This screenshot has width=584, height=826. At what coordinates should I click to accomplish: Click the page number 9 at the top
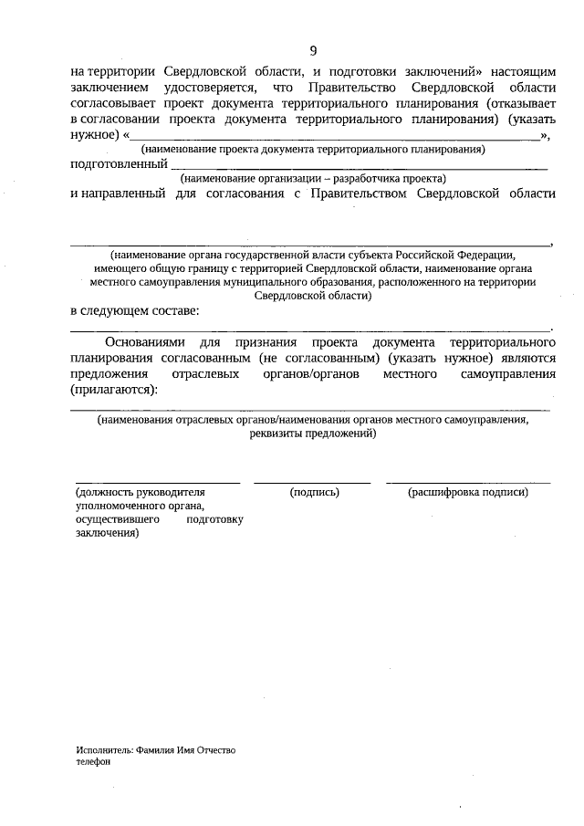click(313, 49)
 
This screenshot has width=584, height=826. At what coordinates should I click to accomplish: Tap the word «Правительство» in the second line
click(356, 87)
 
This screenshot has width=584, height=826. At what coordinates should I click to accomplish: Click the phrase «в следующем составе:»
click(134, 311)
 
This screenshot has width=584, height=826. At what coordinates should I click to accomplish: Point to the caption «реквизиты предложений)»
click(312, 434)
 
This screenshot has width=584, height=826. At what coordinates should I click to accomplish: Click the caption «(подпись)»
click(314, 493)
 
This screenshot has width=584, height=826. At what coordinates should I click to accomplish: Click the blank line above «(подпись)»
click(312, 480)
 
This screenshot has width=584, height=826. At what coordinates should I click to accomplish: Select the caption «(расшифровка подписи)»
click(468, 493)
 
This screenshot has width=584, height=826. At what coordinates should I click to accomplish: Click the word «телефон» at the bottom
click(93, 762)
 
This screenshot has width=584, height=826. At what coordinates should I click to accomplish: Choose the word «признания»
click(271, 342)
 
